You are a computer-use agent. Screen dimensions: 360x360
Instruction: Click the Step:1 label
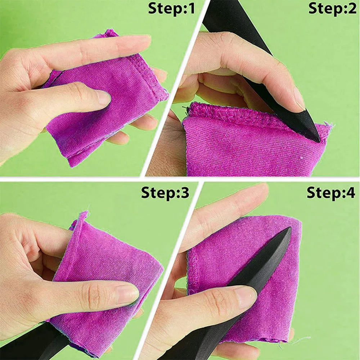[171, 9]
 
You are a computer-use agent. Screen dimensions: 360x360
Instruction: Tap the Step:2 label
[332, 9]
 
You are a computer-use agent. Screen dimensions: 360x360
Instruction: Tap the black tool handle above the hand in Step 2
[237, 23]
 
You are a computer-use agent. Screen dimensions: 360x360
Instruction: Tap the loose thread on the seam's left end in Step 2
[185, 108]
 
